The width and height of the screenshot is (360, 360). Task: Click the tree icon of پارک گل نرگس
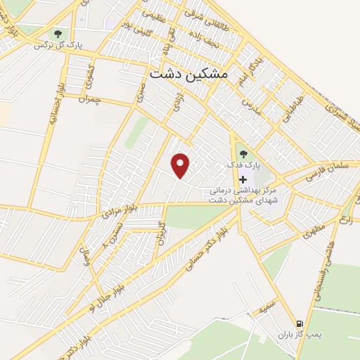56,33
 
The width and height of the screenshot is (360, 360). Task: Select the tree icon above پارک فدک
243,154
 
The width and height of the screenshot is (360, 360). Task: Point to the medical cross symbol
243,179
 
